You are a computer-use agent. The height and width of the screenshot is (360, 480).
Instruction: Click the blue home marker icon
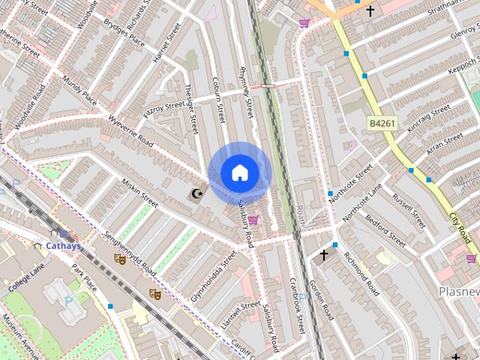pos(239,173)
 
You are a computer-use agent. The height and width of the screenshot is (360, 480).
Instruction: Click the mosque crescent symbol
pos(196,195)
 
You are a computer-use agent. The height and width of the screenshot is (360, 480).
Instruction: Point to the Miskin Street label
pos(140,193)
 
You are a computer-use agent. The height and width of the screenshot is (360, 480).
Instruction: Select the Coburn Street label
pos(218,100)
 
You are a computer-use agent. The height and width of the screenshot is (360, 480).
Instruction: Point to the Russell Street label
pos(409,211)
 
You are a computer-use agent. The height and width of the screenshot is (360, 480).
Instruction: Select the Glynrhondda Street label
pos(214,276)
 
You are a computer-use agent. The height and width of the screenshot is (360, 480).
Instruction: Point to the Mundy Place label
pos(80,88)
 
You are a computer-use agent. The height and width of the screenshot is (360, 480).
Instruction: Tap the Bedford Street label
pos(384,232)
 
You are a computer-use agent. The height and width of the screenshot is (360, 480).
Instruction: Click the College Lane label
pos(27,275)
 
